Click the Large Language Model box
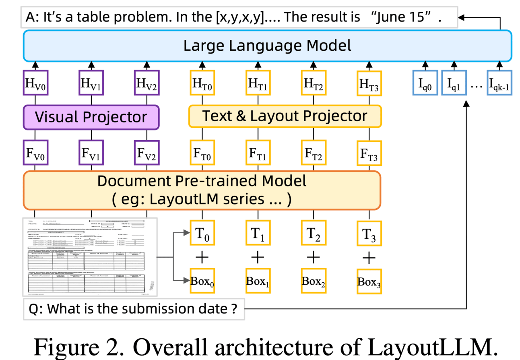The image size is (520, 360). [x=267, y=45]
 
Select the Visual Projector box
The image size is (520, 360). [x=91, y=117]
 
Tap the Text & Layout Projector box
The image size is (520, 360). [x=285, y=116]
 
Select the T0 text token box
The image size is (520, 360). [x=202, y=233]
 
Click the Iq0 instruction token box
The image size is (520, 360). [x=425, y=84]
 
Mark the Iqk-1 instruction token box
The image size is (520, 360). [x=499, y=84]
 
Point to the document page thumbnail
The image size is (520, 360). [x=91, y=257]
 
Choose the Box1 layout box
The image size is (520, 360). [x=258, y=281]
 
